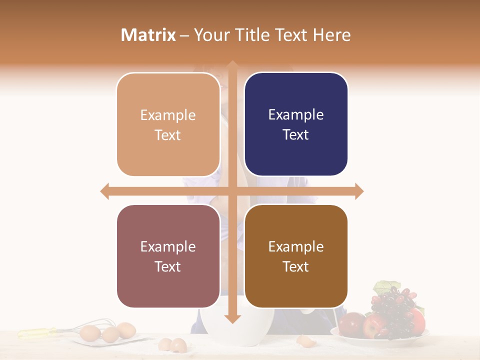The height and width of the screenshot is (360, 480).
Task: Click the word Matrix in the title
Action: (x=148, y=35)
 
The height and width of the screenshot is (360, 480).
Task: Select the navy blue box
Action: (x=296, y=124)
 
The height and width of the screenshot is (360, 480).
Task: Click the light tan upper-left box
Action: (x=168, y=124)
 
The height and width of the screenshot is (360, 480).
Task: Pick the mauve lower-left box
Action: (x=168, y=256)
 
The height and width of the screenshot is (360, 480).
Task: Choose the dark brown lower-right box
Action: (x=296, y=256)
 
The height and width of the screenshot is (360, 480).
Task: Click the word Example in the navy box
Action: (x=296, y=114)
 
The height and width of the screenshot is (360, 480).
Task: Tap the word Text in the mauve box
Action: (x=168, y=266)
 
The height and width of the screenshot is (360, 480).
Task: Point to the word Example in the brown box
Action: (x=296, y=246)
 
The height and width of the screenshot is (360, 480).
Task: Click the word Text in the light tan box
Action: (x=168, y=135)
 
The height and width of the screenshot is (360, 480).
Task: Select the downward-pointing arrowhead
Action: (x=232, y=319)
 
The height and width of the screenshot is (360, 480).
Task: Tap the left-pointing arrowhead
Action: (x=104, y=191)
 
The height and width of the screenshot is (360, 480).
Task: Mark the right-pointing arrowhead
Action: (x=359, y=191)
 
